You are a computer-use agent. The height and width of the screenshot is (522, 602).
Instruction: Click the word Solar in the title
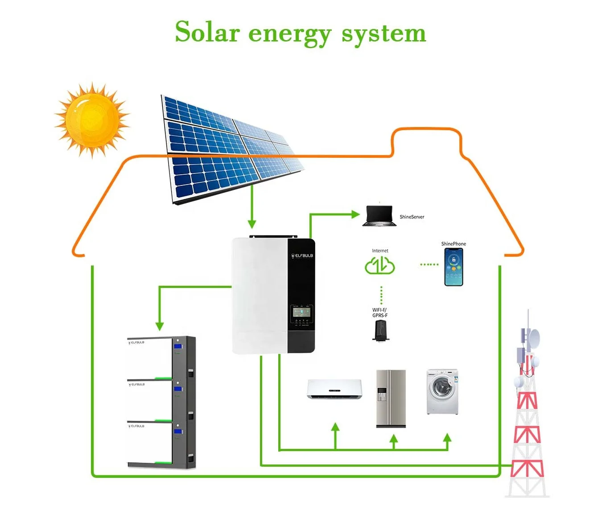(x=207, y=32)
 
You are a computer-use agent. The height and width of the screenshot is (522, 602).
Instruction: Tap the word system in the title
(x=383, y=34)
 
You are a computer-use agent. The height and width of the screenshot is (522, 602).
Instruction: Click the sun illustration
(x=92, y=119)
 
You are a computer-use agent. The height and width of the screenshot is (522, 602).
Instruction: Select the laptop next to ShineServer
(x=379, y=216)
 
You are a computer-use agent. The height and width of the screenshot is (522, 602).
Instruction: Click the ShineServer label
(x=412, y=217)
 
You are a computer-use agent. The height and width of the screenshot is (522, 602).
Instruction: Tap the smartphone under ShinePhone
(x=454, y=267)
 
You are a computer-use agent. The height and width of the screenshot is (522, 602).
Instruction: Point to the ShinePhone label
(x=454, y=244)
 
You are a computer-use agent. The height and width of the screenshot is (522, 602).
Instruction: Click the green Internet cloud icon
(x=380, y=266)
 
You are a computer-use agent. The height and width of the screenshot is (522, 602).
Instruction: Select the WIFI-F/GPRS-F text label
(x=380, y=312)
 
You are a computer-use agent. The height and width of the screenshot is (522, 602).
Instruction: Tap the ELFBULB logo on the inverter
(x=302, y=256)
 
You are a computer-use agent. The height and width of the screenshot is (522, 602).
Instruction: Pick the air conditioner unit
(x=334, y=389)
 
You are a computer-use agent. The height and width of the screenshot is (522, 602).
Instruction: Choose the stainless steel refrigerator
(x=391, y=398)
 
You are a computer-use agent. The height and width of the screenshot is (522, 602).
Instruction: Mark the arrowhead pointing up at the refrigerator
(x=393, y=440)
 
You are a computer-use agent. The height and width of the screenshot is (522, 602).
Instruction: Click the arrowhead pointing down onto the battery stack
(x=160, y=326)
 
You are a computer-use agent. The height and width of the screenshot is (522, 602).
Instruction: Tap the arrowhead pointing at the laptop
(x=355, y=214)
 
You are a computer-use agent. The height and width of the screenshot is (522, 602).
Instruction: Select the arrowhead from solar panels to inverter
(x=252, y=223)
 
